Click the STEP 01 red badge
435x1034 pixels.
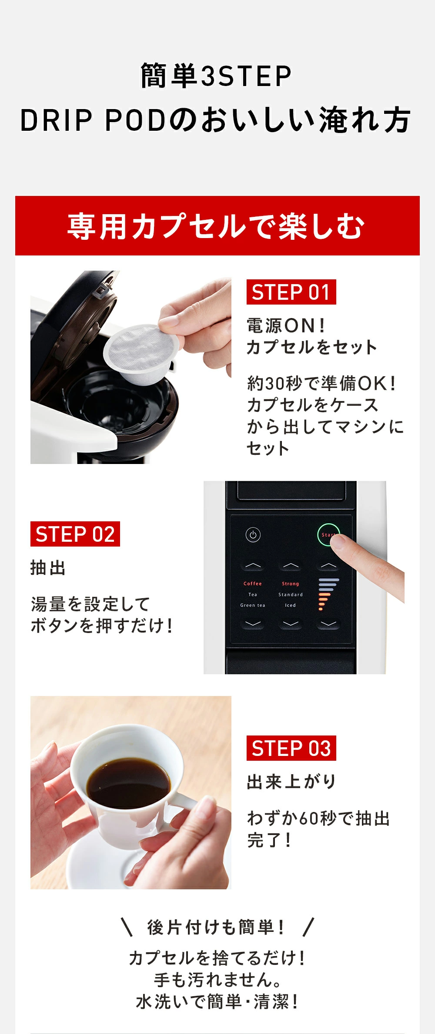pos(291,292)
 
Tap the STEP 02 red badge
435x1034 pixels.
pos(75,534)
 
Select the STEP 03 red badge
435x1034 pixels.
pos(291,748)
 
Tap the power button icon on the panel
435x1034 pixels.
pos(253,534)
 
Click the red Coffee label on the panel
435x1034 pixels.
pos(253,583)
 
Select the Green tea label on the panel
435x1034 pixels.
pos(253,605)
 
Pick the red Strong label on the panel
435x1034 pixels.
pos(290,583)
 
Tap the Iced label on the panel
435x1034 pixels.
pos(290,605)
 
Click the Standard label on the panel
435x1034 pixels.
pos(290,594)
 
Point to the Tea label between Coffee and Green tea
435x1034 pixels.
pos(253,594)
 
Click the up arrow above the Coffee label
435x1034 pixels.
pos(253,566)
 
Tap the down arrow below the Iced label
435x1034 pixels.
pos(291,623)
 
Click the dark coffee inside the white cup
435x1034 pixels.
pos(128,782)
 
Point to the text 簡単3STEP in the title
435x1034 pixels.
pos(216,76)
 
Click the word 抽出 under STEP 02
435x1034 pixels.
pos(48,568)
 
